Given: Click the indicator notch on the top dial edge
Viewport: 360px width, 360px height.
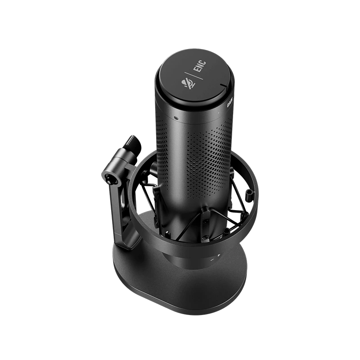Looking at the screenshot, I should [222, 86].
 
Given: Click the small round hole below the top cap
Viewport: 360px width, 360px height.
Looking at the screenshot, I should [177, 118].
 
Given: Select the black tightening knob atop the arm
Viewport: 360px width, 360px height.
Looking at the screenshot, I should [130, 143].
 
